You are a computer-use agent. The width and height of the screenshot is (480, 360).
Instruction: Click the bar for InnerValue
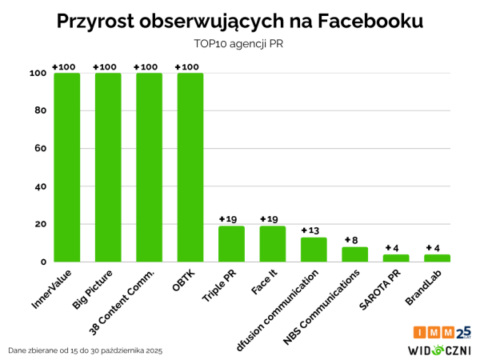66,167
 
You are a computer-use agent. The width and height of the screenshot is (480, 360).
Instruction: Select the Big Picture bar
108,167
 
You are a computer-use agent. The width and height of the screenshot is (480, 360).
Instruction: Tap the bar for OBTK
190,167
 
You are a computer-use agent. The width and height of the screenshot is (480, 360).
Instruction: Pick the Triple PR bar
231,244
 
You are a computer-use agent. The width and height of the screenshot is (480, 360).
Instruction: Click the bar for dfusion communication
314,250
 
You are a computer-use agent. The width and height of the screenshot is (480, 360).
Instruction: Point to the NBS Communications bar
354,254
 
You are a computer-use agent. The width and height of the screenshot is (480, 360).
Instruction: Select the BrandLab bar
437,258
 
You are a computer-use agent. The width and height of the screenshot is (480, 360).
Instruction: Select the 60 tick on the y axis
38,149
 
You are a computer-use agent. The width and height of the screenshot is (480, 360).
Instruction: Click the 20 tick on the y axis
38,224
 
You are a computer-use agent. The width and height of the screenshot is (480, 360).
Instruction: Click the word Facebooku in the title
364,22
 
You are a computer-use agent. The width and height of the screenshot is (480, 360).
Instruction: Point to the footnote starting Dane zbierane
84,350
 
